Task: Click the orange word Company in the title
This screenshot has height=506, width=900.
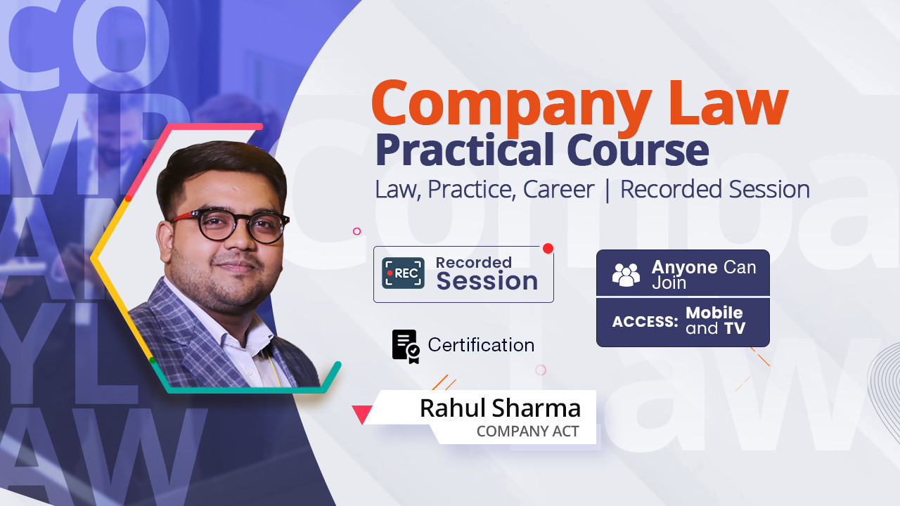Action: [x=511, y=107]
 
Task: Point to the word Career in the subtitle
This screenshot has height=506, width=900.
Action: [x=558, y=190]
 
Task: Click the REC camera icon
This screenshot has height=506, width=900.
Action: [x=403, y=273]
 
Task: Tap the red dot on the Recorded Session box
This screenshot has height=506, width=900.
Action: [x=548, y=249]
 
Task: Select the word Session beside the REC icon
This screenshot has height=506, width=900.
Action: [x=487, y=280]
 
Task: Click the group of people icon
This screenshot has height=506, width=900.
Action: [x=626, y=275]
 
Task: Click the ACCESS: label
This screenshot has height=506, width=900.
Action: [x=645, y=321]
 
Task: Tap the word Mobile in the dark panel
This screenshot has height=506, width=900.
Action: [x=714, y=313]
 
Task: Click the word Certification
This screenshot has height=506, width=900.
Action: [x=481, y=345]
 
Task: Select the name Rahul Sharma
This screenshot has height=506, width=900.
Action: [x=500, y=408]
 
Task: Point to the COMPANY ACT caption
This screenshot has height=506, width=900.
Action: [x=527, y=432]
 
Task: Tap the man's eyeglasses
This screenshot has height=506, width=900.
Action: [x=230, y=226]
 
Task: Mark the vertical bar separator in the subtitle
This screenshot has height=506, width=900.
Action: [x=607, y=190]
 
